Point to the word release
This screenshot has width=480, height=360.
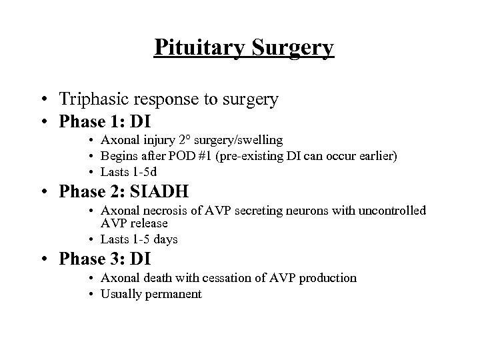point(148,223)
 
